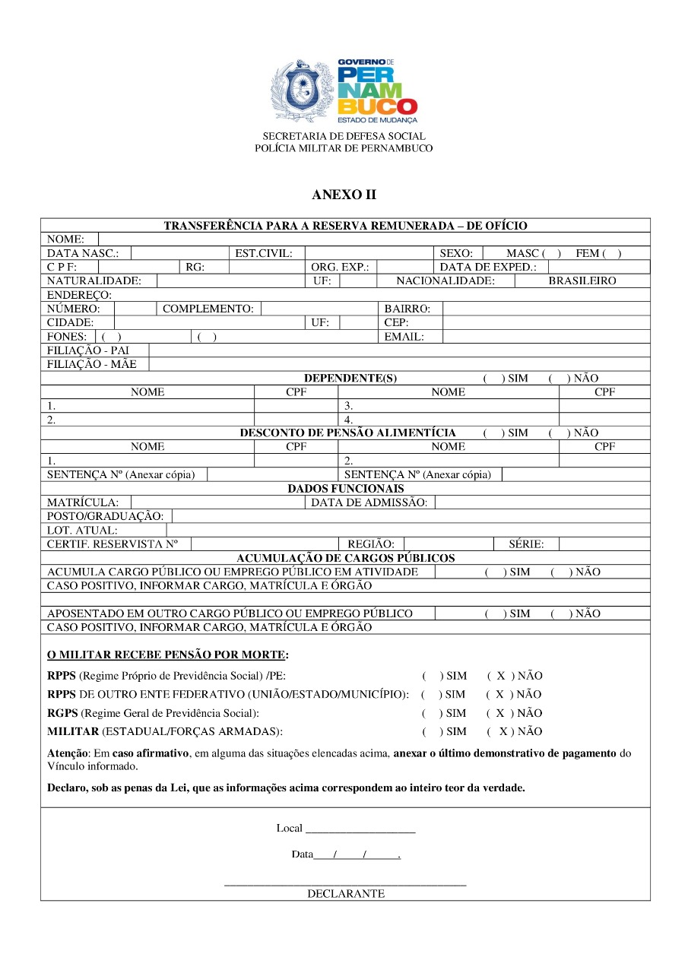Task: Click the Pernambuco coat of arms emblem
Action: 303,90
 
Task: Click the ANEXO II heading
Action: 344,195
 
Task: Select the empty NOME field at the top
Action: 373,239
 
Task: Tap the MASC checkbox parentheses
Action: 553,253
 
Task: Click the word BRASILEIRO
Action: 582,280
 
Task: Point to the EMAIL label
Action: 404,337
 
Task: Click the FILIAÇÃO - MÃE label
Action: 92,364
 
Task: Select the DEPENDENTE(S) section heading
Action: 350,378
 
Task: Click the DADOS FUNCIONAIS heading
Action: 346,489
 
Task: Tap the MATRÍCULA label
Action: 83,502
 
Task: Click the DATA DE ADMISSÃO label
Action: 369,502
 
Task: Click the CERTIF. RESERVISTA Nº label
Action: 113,544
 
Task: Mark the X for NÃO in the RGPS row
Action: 500,713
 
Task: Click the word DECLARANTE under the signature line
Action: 346,894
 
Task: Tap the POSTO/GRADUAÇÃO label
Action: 105,516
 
